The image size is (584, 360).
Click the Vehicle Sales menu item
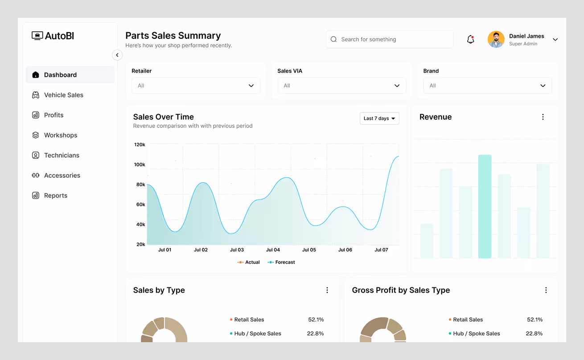coord(63,95)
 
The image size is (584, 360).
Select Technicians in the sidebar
coord(62,155)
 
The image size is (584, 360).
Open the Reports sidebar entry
coord(55,196)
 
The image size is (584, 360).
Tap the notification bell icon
coord(470,40)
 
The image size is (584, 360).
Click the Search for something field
coord(389,39)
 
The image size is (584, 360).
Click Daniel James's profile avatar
coord(496,39)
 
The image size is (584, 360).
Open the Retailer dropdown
coord(196,86)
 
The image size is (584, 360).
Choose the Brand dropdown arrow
coord(543,86)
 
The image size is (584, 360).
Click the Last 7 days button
coord(379,119)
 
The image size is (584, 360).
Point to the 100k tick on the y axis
coord(140,165)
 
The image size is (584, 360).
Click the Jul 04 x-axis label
coord(273,250)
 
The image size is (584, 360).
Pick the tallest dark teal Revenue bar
coord(485,206)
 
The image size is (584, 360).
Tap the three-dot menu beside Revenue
coord(543,117)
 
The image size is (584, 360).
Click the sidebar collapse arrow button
coord(117,55)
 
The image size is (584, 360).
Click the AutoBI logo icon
coord(37,36)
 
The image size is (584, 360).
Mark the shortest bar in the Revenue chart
coord(427,241)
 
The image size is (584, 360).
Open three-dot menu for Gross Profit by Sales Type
coord(546,290)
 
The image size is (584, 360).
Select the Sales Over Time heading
coord(163,117)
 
